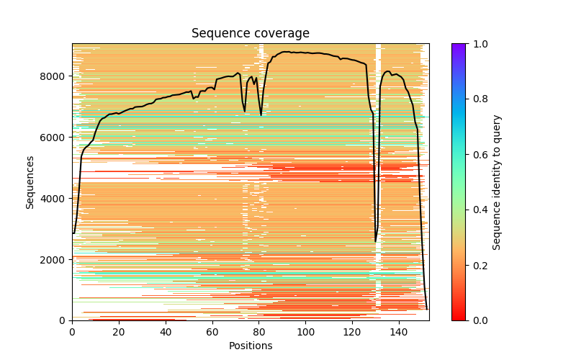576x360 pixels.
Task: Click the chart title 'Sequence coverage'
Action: [x=250, y=33]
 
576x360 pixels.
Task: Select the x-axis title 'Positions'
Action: [x=250, y=346]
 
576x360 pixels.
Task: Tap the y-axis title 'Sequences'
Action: [x=30, y=182]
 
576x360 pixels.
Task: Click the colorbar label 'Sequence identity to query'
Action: [x=497, y=182]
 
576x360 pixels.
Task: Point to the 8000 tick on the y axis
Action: [x=55, y=76]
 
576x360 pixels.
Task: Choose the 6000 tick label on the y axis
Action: [x=55, y=138]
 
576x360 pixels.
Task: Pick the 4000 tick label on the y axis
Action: [x=55, y=199]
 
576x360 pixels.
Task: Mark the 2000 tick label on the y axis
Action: [x=55, y=260]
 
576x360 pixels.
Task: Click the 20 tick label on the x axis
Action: [x=119, y=332]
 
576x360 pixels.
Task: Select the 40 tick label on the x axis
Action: [x=166, y=332]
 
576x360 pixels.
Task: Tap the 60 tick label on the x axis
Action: [x=212, y=332]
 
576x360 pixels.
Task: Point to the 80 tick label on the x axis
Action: [x=259, y=332]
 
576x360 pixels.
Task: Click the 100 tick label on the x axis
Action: [x=306, y=332]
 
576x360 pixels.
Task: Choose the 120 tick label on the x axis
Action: [x=353, y=332]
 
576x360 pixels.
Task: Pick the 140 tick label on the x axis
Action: [x=400, y=332]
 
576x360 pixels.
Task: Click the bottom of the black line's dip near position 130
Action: [x=376, y=240]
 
